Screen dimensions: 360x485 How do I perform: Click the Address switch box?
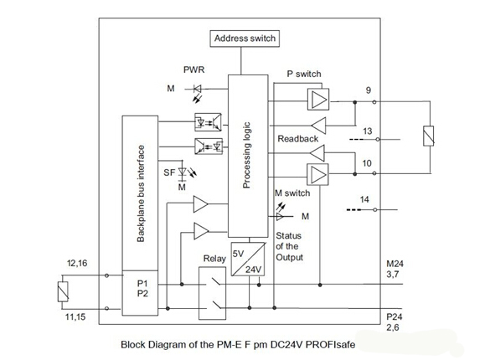[244, 39]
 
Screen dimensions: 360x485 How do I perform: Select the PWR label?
[193, 69]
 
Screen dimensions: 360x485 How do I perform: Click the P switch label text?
[303, 75]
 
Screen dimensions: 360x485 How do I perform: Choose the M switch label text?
[292, 193]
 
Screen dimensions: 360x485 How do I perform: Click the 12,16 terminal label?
[76, 265]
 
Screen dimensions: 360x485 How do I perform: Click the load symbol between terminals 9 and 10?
[427, 136]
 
